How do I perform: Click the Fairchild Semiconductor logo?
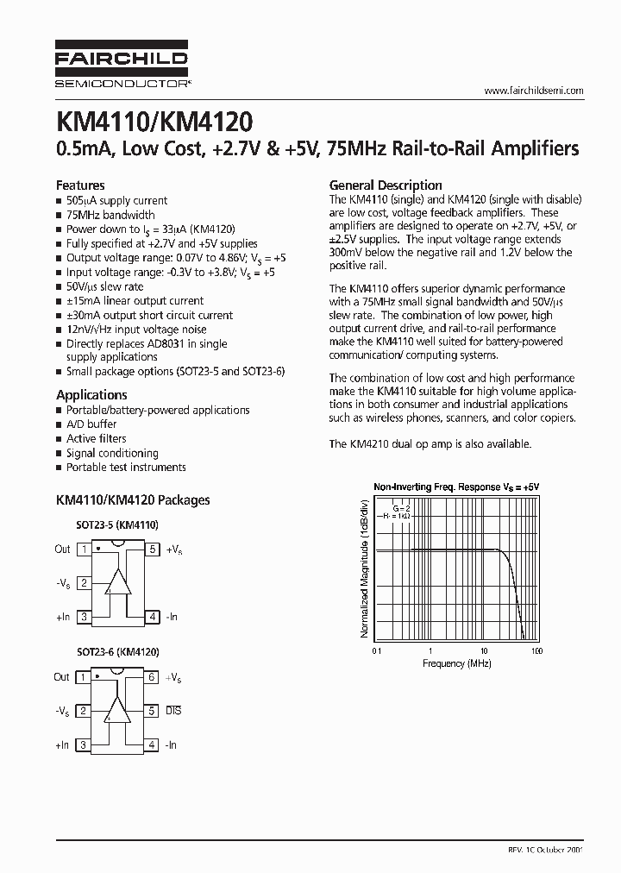coord(122,66)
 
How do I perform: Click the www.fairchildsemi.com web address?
coord(534,91)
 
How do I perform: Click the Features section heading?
coord(80,185)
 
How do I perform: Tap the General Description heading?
coord(386,185)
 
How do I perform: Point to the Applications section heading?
coord(91,395)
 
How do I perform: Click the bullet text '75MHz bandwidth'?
coord(110,215)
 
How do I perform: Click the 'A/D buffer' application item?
coord(91,424)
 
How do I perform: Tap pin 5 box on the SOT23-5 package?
coord(152,550)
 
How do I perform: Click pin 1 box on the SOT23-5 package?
coord(84,550)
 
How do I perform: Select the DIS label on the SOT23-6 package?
coord(173,712)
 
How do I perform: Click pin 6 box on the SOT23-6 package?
coord(152,678)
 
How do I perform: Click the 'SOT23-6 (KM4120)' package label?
coord(117,653)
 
